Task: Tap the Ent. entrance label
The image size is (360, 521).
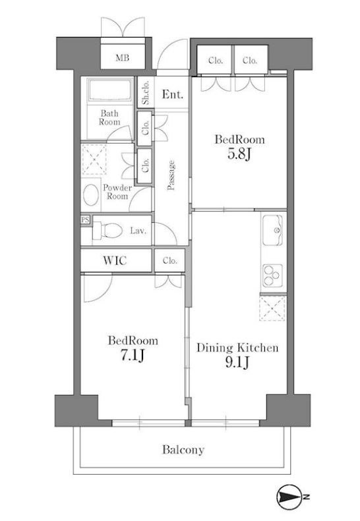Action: coord(173,94)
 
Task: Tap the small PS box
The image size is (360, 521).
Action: coord(85,220)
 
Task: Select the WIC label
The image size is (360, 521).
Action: coord(115,260)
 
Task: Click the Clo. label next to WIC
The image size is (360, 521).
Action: coord(169,260)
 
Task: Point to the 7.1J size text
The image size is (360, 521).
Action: coord(134,356)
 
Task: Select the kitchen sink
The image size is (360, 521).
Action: coord(274,231)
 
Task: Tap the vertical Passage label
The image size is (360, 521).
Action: coord(171,175)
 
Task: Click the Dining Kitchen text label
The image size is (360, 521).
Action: coord(237,348)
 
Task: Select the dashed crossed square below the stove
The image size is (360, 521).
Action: coord(274,308)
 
